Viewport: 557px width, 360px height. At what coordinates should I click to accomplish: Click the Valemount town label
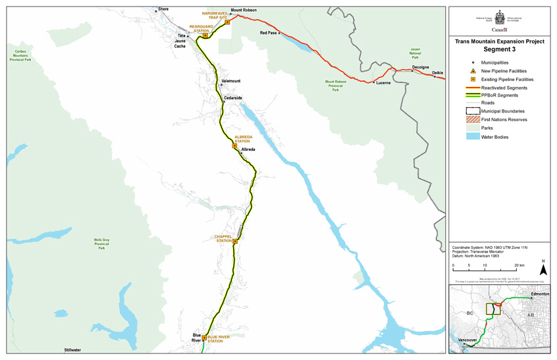[x=231, y=81]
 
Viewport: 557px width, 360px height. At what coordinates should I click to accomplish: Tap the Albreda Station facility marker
[x=234, y=146]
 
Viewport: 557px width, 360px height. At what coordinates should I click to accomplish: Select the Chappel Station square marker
[x=235, y=242]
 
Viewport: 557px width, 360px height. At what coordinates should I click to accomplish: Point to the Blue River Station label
[x=219, y=339]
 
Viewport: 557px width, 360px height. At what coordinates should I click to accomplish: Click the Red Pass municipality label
[x=268, y=32]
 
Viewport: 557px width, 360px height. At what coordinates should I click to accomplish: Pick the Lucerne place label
[x=383, y=83]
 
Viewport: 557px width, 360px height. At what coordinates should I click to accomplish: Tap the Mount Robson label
[x=244, y=11]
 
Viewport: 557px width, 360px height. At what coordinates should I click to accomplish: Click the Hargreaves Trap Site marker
[x=227, y=22]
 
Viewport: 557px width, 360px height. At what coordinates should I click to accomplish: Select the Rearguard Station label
[x=201, y=28]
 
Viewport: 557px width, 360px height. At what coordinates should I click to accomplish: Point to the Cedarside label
[x=233, y=98]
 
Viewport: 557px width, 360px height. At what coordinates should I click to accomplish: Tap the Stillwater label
[x=72, y=350]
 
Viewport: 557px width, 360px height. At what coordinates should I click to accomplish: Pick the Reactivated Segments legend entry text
[x=504, y=88]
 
